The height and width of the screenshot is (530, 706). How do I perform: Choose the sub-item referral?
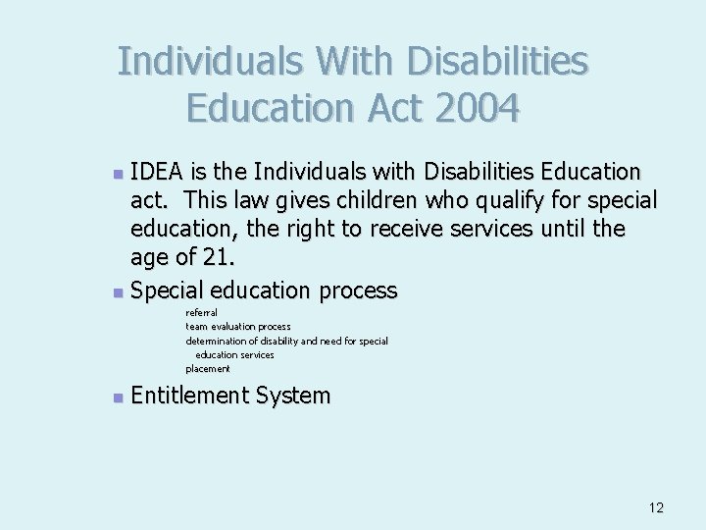(201, 312)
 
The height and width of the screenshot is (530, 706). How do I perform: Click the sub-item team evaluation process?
(238, 326)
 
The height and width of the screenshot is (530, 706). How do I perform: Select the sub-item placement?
(208, 369)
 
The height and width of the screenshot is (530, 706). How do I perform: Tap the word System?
(292, 396)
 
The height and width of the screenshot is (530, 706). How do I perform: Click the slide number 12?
(656, 507)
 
